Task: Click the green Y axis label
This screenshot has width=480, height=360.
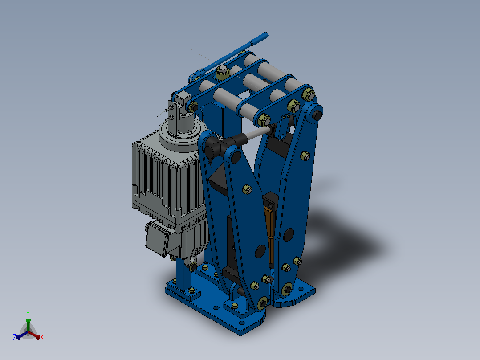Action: point(28,313)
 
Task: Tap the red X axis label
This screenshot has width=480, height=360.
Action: point(42,337)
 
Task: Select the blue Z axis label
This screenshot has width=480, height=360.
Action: point(15,337)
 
